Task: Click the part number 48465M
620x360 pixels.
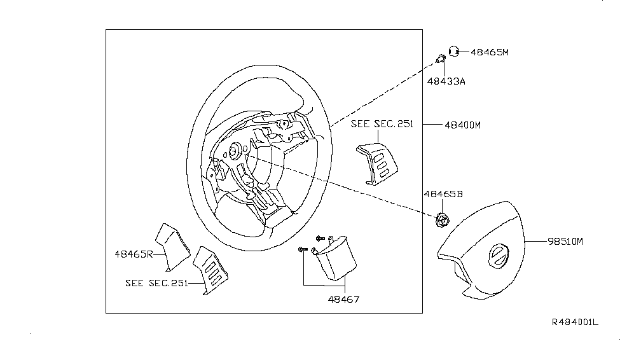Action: [x=490, y=53]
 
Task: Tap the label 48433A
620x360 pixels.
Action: [x=446, y=81]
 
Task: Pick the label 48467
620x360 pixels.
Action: [x=343, y=299]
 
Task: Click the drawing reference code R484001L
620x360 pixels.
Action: [x=574, y=323]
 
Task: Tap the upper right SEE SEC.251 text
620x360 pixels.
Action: [x=382, y=125]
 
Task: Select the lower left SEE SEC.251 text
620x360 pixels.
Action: [x=156, y=284]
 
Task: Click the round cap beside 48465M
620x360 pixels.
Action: [x=455, y=51]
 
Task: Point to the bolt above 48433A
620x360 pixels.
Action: [x=440, y=60]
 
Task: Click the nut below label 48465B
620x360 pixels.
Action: [x=442, y=221]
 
